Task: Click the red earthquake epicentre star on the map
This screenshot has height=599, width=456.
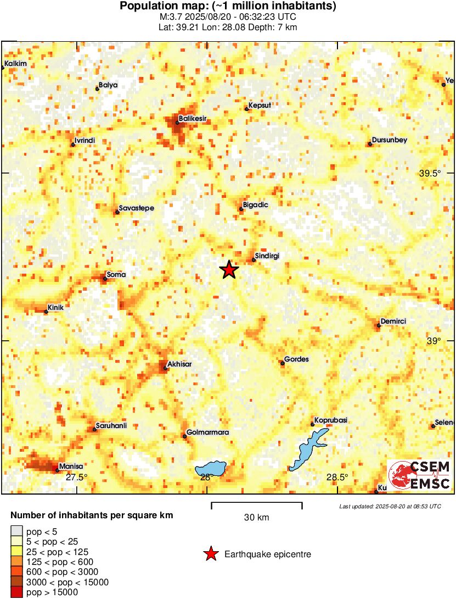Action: (x=229, y=270)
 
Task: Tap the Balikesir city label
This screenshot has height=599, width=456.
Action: (x=193, y=118)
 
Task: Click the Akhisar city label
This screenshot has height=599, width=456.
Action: (x=179, y=364)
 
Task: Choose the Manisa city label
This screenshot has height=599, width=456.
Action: (x=70, y=465)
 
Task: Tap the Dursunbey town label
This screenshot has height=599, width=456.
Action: (x=389, y=140)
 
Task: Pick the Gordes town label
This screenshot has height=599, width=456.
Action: (x=297, y=359)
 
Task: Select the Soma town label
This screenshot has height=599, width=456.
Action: (x=116, y=275)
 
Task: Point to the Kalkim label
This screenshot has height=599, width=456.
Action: (x=15, y=64)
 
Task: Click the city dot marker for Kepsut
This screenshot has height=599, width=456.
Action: (x=246, y=109)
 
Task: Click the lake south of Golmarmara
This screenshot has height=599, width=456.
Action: (x=211, y=469)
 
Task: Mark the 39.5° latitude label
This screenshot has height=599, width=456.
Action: (x=430, y=173)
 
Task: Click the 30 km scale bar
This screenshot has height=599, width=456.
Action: (x=256, y=503)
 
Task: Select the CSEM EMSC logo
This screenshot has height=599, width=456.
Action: (x=420, y=474)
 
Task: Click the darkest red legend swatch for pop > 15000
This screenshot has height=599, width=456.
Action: (x=17, y=592)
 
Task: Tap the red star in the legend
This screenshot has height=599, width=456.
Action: (x=210, y=554)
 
